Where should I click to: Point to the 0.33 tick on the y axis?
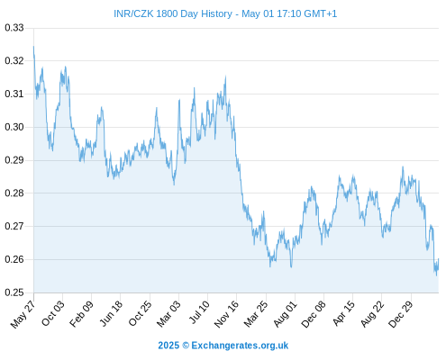pos(14,28)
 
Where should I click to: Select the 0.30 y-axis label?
pos(14,127)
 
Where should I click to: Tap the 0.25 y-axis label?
pos(14,292)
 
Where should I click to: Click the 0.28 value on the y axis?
pos(14,193)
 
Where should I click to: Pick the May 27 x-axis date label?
pos(23,314)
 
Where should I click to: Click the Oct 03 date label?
pos(52,313)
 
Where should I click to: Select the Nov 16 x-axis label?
pos(226,313)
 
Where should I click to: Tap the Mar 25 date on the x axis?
pos(256,313)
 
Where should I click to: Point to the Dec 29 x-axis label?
pos(400,314)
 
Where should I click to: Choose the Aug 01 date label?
pos(285,313)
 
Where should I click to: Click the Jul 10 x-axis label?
pos(199,312)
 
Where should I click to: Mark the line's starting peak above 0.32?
pos(33,47)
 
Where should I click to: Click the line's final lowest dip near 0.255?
pos(437,275)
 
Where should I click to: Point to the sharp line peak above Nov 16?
pos(225,76)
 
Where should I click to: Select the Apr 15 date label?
pos(343,313)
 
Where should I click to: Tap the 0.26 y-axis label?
pos(14,259)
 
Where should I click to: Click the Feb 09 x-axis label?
pos(81,313)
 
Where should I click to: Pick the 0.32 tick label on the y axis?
pos(14,61)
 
